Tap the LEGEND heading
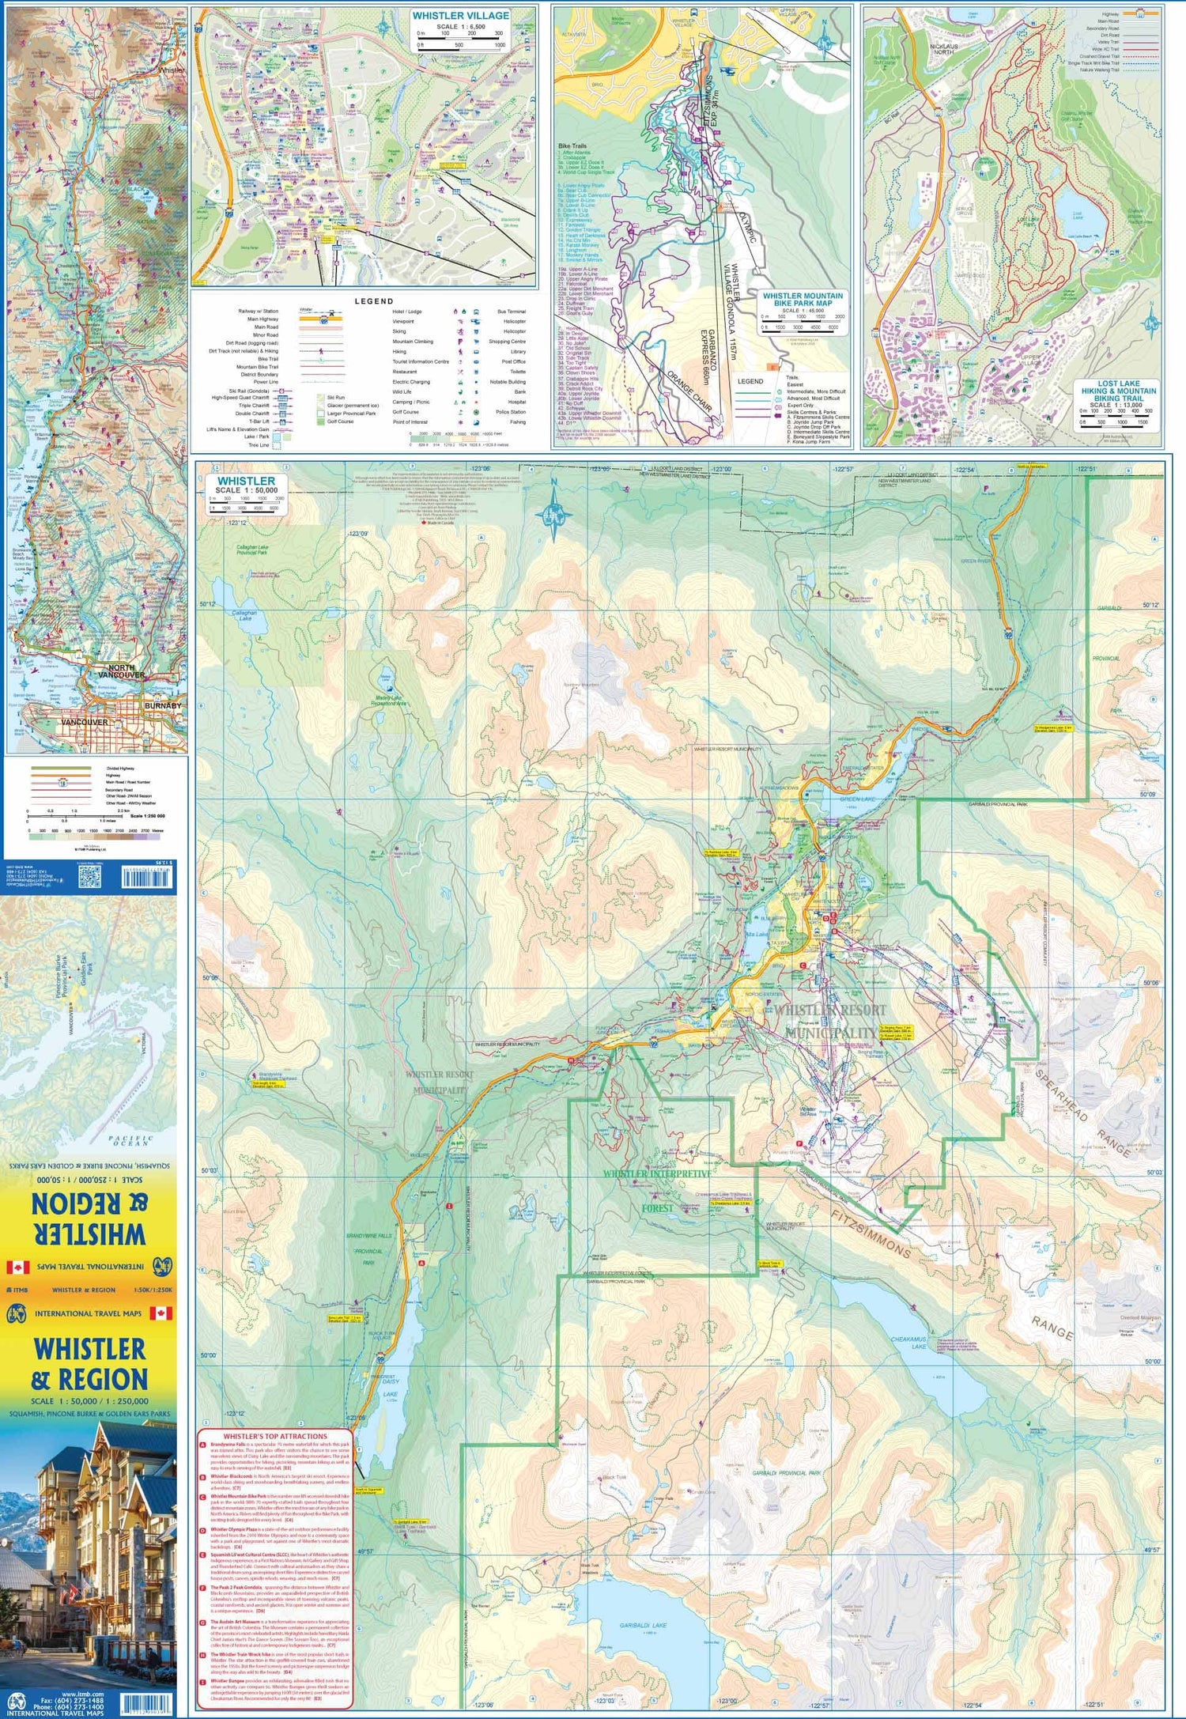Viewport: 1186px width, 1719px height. coord(373,301)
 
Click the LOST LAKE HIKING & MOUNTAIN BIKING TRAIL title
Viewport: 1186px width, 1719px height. coord(1118,391)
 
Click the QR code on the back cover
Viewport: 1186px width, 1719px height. coord(90,875)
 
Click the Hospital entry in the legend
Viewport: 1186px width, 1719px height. coord(516,402)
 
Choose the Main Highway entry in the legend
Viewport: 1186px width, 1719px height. coord(265,319)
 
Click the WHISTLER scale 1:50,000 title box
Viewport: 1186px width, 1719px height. coord(246,485)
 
